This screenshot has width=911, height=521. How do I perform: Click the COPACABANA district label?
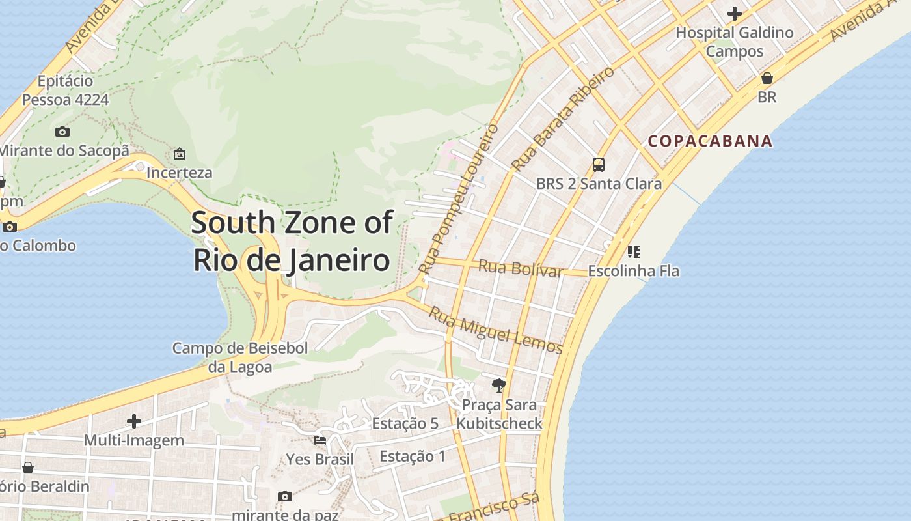point(711,141)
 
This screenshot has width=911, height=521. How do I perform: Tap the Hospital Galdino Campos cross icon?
point(735,14)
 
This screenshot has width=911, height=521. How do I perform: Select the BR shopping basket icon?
point(767,79)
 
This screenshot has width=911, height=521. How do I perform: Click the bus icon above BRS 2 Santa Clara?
point(599,165)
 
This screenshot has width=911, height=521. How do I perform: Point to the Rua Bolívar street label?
point(521,268)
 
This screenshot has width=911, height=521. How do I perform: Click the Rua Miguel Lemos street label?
point(495,330)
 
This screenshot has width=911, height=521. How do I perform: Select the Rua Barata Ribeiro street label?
point(563,119)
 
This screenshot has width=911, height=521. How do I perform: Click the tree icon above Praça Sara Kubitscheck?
point(499,386)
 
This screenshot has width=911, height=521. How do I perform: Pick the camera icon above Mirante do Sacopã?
point(62,132)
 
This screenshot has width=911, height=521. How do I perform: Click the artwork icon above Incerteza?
point(180,154)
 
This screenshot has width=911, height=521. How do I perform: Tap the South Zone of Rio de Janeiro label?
point(292,242)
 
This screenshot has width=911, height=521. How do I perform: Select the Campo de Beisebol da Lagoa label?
point(240,358)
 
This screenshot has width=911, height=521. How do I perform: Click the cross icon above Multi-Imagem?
point(134,421)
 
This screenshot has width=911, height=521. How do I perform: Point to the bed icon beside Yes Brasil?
point(320,441)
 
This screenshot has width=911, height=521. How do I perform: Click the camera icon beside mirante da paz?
point(285,497)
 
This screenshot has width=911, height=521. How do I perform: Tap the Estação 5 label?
point(405,424)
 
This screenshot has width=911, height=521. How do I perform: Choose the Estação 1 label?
point(413,457)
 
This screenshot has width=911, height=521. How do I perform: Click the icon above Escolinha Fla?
point(634,252)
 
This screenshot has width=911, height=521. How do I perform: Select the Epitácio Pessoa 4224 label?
point(65,91)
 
